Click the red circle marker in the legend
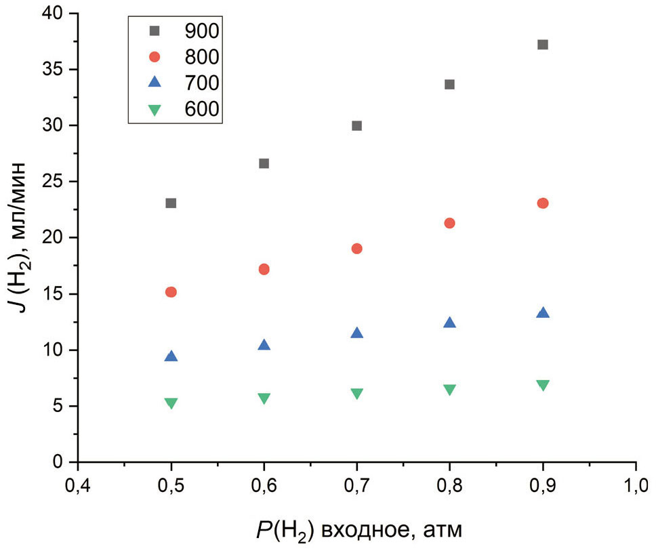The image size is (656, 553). click(155, 56)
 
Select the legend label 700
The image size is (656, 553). click(202, 83)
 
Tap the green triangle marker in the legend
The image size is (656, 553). click(155, 109)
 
